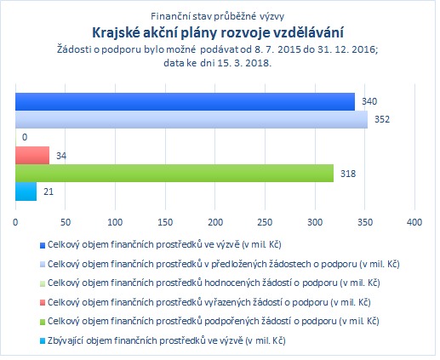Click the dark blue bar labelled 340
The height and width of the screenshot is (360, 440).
[185, 101]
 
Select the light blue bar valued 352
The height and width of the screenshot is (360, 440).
[191, 119]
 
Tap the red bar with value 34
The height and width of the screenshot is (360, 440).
[32, 155]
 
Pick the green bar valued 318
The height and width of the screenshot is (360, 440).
[174, 173]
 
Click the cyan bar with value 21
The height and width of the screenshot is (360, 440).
[26, 191]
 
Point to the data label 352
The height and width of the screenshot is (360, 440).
[382, 119]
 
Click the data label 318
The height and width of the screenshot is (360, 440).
[348, 174]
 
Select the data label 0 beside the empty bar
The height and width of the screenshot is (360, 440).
[25, 137]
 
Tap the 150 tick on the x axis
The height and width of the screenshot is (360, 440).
[165, 222]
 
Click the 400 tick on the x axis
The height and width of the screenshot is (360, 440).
[414, 222]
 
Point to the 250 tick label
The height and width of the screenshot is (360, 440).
[265, 222]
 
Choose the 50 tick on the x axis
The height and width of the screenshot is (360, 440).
[66, 222]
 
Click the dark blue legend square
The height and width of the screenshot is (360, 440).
[43, 245]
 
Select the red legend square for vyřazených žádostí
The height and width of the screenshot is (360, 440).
[43, 303]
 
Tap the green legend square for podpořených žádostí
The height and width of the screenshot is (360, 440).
[43, 322]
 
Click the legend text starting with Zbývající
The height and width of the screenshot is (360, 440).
[167, 340]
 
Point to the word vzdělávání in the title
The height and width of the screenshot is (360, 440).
[308, 32]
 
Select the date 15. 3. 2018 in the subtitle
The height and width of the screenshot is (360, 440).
[243, 63]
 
